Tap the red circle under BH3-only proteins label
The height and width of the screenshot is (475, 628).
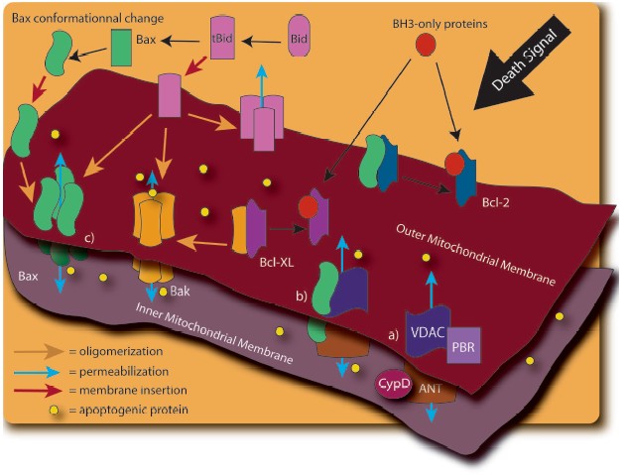(x=425, y=45)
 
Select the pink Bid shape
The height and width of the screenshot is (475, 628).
(x=304, y=37)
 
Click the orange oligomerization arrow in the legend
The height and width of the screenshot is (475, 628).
(x=34, y=350)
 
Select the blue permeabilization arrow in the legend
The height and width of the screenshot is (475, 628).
(x=34, y=370)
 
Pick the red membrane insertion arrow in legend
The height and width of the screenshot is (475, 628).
(x=34, y=390)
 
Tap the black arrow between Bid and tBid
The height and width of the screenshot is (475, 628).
(x=264, y=39)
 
